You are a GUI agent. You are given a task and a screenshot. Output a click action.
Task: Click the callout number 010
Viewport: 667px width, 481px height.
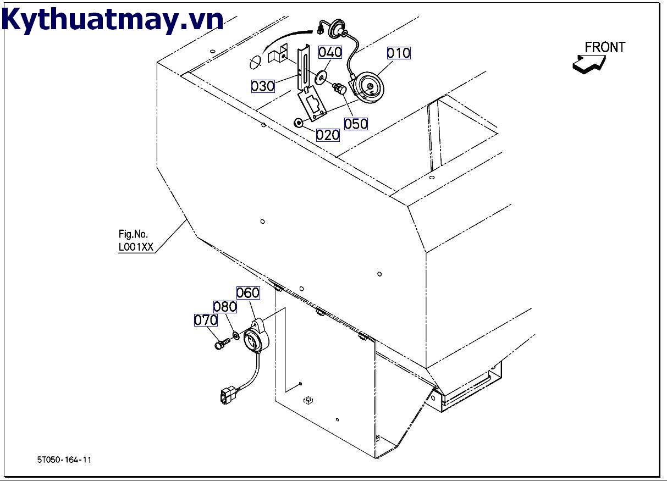[399, 53]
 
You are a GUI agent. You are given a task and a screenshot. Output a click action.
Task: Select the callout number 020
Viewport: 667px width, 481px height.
[328, 135]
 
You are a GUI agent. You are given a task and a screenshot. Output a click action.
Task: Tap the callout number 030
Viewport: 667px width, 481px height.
[263, 86]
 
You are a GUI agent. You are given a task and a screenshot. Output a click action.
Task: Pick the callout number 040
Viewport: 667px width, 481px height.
[330, 52]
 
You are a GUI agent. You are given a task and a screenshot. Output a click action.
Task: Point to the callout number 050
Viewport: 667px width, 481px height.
[356, 124]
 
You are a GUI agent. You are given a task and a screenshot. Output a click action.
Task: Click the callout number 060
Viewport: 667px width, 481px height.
[247, 293]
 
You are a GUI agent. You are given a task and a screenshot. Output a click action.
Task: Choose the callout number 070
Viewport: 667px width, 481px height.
[206, 320]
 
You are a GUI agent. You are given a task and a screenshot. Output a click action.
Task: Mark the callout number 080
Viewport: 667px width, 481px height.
[225, 307]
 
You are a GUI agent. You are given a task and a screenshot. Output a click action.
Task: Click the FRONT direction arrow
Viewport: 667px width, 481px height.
[588, 64]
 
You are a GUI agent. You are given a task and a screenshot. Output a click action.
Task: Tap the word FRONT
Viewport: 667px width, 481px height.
[605, 48]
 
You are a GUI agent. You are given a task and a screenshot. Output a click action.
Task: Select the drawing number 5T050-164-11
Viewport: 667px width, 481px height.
[64, 460]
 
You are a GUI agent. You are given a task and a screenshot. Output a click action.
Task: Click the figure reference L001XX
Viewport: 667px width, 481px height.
[136, 247]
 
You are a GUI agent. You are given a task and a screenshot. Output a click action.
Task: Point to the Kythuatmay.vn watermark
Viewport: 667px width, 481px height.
[113, 20]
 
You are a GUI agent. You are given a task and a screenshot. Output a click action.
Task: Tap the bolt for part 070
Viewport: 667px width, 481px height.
[221, 344]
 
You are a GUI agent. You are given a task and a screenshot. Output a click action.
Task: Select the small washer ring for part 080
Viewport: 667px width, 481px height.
[236, 335]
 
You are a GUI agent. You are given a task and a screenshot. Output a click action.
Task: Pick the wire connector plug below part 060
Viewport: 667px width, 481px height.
[227, 395]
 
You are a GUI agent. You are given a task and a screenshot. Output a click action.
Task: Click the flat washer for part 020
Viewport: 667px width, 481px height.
[299, 123]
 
